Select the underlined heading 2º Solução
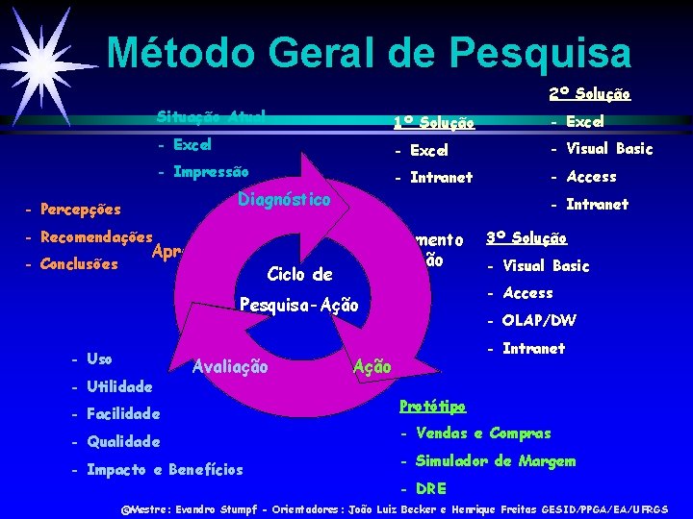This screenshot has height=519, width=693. click(x=589, y=94)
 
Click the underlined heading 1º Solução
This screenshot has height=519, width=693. click(x=433, y=122)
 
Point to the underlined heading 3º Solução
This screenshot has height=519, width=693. click(x=526, y=237)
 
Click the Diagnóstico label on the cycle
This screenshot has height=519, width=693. click(x=284, y=200)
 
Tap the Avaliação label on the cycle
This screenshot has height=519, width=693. click(x=231, y=365)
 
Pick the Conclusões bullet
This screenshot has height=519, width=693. click(x=77, y=264)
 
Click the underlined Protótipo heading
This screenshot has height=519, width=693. click(x=432, y=406)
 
